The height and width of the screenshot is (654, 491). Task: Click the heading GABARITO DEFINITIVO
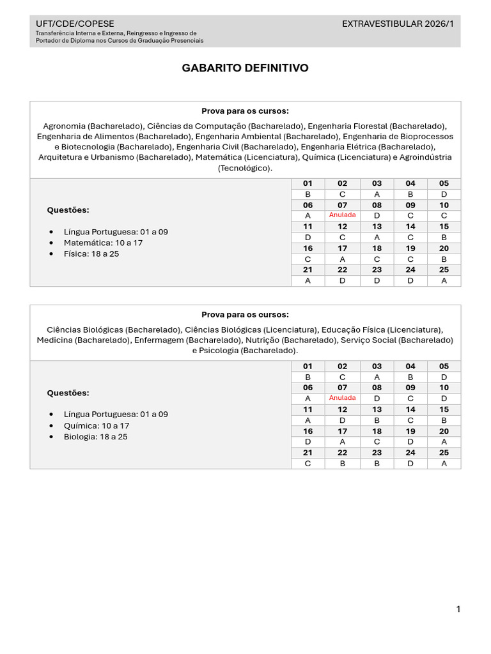tap(245, 68)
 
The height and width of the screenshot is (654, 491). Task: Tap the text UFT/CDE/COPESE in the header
tap(75, 24)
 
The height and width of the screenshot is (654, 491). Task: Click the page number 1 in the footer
tap(458, 609)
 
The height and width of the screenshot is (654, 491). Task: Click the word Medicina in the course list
tap(54, 340)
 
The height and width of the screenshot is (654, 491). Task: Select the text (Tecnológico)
tap(245, 168)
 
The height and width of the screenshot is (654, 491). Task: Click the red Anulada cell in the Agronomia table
tap(342, 215)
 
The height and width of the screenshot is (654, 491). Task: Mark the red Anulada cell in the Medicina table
tap(342, 398)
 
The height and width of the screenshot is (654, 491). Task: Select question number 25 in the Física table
tap(444, 270)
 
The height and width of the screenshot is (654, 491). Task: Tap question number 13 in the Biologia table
tap(377, 409)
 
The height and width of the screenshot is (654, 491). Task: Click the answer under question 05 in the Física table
tap(444, 194)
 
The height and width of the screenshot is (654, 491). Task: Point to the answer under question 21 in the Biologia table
tap(308, 464)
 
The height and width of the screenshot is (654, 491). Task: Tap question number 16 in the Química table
tap(308, 431)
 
